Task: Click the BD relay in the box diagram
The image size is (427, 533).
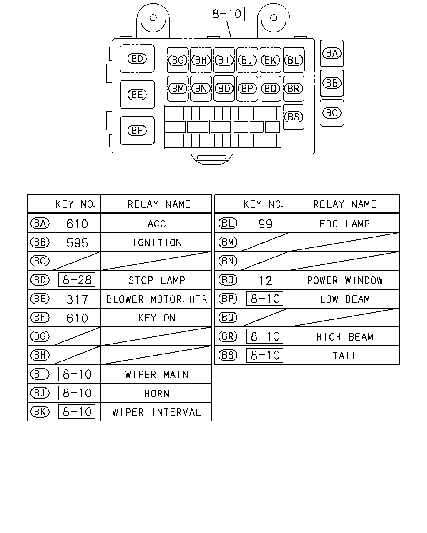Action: pyautogui.click(x=137, y=59)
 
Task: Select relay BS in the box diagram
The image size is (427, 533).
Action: pyautogui.click(x=294, y=117)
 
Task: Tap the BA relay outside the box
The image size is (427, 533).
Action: pyautogui.click(x=332, y=53)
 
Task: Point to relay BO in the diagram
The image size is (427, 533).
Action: pyautogui.click(x=224, y=88)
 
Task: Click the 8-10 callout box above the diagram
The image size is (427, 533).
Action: pyautogui.click(x=226, y=14)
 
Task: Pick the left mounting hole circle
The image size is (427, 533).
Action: pyautogui.click(x=153, y=17)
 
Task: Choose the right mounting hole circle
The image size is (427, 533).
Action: pyautogui.click(x=274, y=17)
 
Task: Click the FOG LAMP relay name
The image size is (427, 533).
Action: pyautogui.click(x=344, y=224)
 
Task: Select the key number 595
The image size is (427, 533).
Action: pyautogui.click(x=77, y=243)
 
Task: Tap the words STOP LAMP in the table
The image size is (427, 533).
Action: pyautogui.click(x=157, y=280)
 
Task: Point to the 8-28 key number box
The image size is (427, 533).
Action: pyautogui.click(x=77, y=280)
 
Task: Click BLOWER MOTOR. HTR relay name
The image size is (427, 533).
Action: pyautogui.click(x=156, y=299)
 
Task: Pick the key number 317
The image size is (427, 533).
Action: pyautogui.click(x=77, y=299)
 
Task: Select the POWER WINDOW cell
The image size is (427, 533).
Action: pyautogui.click(x=345, y=280)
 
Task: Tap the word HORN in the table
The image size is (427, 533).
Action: pyautogui.click(x=157, y=394)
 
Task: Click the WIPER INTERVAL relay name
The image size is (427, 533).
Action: pyautogui.click(x=156, y=412)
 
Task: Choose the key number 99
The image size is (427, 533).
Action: pyautogui.click(x=265, y=224)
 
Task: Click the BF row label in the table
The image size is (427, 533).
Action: pyautogui.click(x=40, y=318)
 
